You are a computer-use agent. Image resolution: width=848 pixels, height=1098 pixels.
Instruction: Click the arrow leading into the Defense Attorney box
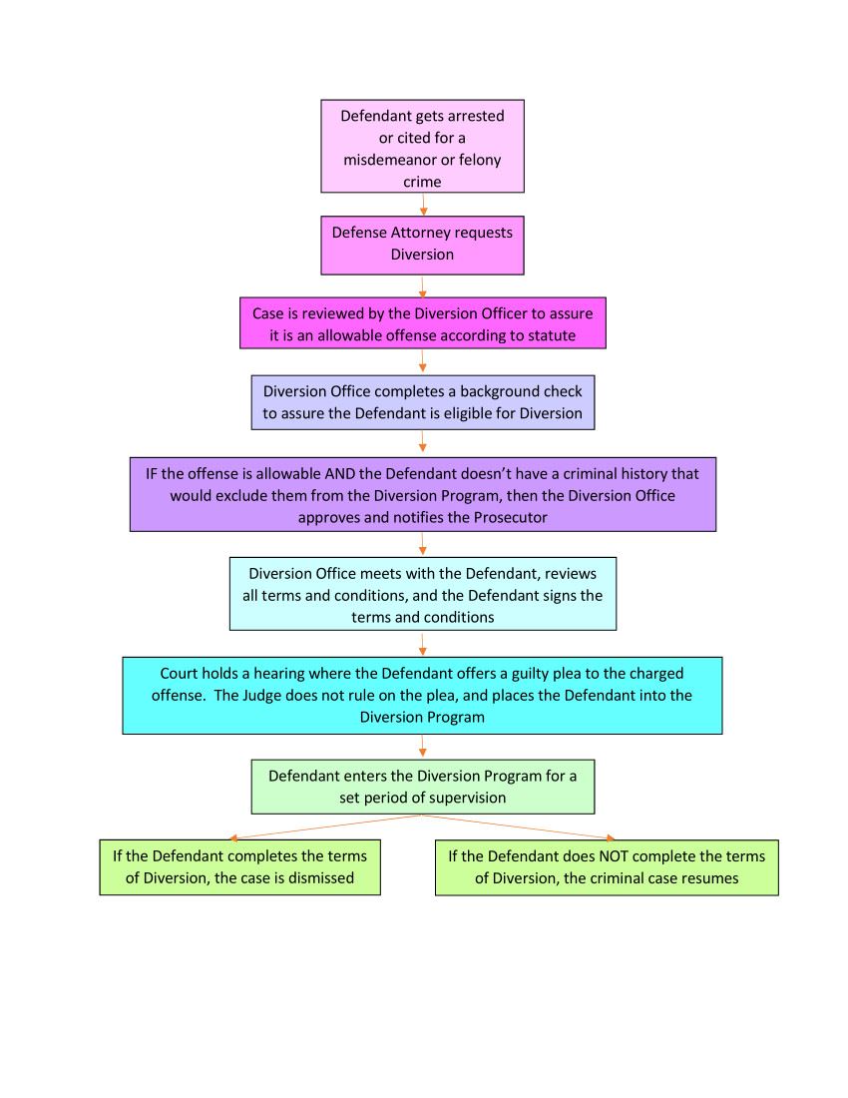pyautogui.click(x=423, y=205)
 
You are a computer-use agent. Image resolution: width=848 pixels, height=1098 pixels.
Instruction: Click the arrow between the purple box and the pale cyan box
pyautogui.click(x=423, y=544)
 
